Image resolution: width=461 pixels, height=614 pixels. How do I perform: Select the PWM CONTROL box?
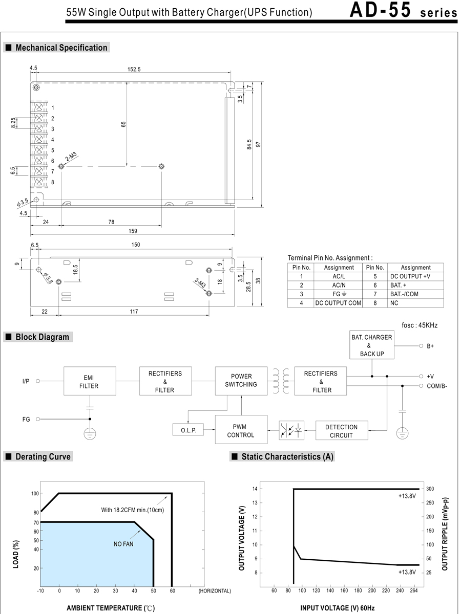[240, 430]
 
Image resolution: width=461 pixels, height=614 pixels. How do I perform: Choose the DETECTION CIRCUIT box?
[341, 430]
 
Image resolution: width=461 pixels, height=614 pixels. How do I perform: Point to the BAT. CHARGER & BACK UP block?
[371, 345]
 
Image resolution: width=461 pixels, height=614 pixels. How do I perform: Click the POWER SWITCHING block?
[240, 380]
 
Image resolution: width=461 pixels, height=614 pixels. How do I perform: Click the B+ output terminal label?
[430, 346]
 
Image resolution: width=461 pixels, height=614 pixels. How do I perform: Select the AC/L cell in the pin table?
[339, 276]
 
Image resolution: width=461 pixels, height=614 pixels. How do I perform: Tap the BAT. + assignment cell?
[415, 285]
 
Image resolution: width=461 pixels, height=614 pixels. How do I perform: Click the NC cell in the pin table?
[415, 303]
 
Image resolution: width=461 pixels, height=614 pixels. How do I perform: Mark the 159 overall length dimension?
[133, 231]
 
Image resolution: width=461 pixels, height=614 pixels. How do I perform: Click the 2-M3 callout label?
[71, 157]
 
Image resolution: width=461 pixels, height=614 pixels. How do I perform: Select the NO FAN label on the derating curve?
[123, 544]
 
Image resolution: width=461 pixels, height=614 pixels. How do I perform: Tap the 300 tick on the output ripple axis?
[430, 489]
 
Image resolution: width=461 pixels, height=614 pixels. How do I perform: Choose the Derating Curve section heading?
[43, 456]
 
